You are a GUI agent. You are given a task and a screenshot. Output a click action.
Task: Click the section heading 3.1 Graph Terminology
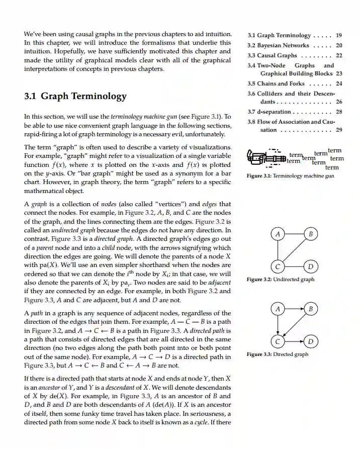[x=75, y=96]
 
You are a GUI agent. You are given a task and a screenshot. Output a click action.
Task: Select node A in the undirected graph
[x=278, y=234]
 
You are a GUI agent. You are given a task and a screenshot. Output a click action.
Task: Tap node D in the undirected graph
[x=311, y=266]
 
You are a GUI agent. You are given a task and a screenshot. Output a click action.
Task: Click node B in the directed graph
[x=311, y=308]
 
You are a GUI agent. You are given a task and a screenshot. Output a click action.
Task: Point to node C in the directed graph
[x=278, y=341]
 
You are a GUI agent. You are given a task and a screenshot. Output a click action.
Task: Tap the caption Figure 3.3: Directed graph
[x=278, y=354]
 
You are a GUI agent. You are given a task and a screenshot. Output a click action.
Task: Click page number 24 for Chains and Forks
[x=339, y=83]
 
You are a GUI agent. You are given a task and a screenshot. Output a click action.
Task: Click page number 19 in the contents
[x=339, y=35]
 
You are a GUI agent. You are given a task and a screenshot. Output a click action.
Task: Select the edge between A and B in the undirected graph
[x=294, y=234]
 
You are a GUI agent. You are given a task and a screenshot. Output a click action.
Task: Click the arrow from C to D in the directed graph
[x=294, y=341]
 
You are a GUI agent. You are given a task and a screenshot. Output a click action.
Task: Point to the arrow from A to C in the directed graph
[x=278, y=325]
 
